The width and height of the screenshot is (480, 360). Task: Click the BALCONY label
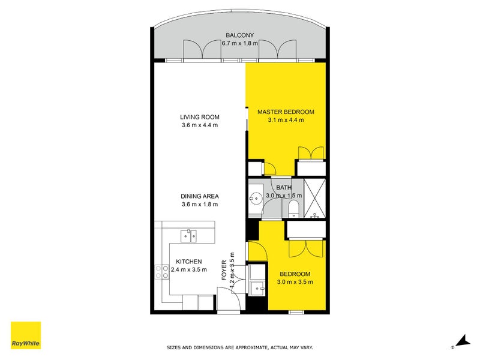tap(239, 35)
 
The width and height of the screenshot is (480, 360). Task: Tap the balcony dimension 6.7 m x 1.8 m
tap(239, 43)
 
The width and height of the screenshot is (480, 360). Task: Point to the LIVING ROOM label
tap(199, 117)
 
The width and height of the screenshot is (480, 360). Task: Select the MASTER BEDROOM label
tap(286, 112)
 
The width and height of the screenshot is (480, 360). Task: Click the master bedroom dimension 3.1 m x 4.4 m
tap(286, 120)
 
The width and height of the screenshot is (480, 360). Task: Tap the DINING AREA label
tap(199, 196)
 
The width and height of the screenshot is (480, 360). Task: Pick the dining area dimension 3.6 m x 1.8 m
tap(199, 204)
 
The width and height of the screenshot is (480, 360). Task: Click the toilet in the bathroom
tap(293, 208)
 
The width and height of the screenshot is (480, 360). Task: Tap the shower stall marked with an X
tap(314, 197)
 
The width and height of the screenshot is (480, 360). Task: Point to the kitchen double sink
tap(190, 235)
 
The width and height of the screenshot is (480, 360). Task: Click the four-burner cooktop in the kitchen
tap(161, 272)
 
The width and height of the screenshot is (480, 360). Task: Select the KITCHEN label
tap(188, 262)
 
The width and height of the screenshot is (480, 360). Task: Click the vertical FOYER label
tap(224, 271)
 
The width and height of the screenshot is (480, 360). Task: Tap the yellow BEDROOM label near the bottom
tap(295, 274)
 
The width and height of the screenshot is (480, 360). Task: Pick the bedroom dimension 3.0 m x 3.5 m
tap(295, 282)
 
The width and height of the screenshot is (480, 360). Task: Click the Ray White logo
tap(26, 336)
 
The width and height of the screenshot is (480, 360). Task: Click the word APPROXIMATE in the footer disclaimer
tap(252, 347)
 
